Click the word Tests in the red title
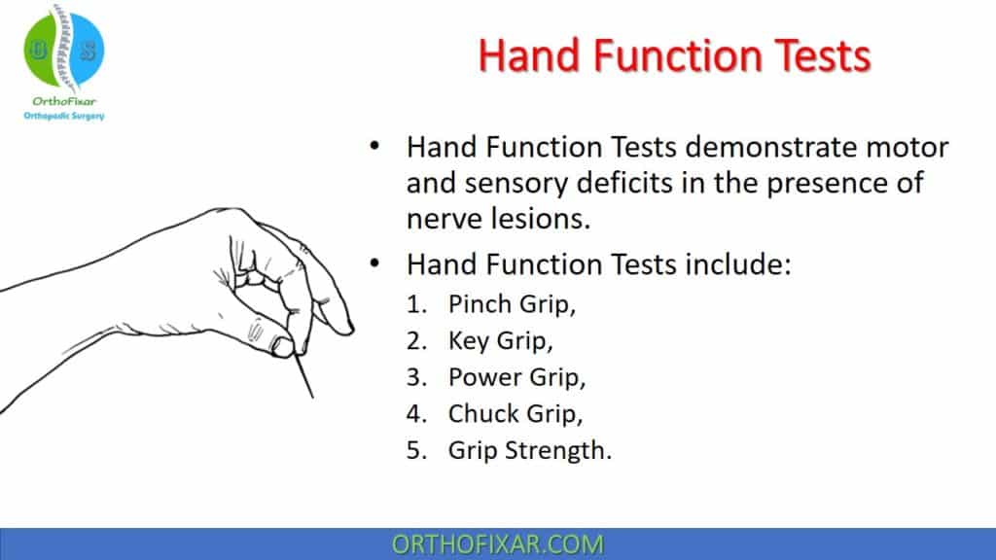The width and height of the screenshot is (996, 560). pyautogui.click(x=807, y=55)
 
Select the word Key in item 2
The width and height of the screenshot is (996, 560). pyautogui.click(x=470, y=341)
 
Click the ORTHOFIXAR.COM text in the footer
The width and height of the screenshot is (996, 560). pyautogui.click(x=497, y=543)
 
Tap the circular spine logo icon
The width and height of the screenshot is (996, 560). pyautogui.click(x=62, y=49)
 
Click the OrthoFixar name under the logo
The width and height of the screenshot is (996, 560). pyautogui.click(x=62, y=102)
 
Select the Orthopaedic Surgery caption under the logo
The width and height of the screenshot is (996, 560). pyautogui.click(x=62, y=117)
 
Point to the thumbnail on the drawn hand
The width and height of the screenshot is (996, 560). pyautogui.click(x=281, y=342)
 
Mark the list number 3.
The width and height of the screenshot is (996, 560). pyautogui.click(x=416, y=378)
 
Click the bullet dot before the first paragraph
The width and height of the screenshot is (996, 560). pyautogui.click(x=374, y=149)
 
